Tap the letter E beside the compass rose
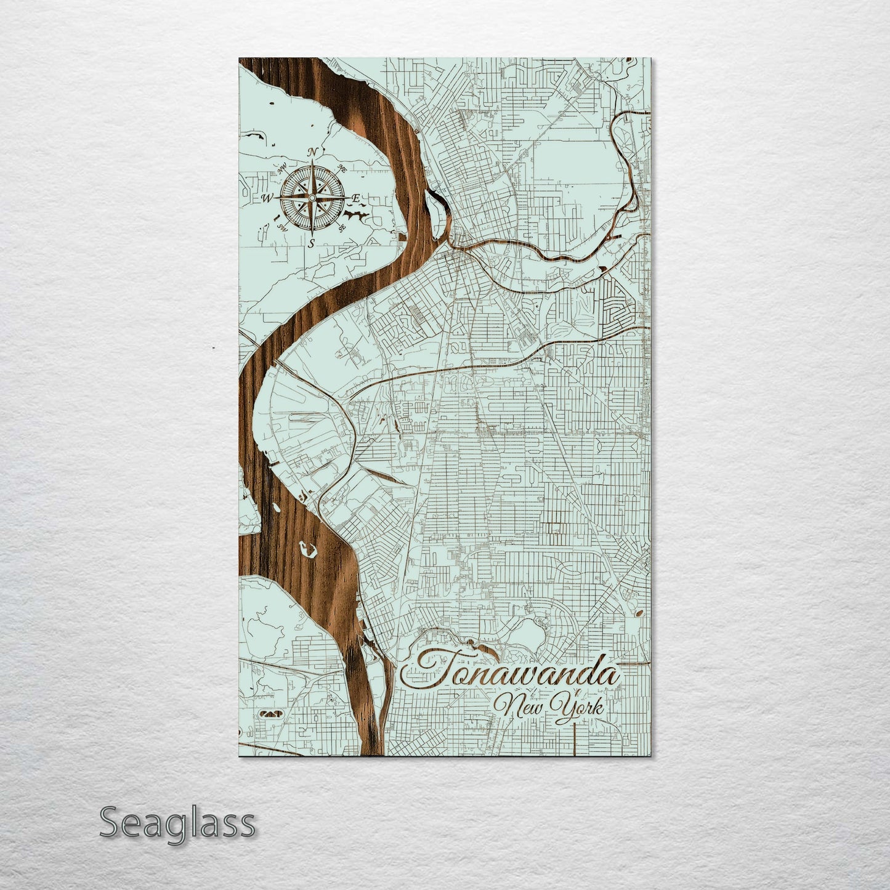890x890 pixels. point(355,198)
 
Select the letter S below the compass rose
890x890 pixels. point(312,243)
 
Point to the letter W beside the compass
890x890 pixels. point(268,198)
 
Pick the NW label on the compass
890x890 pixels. point(283,168)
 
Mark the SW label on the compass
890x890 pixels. point(283,227)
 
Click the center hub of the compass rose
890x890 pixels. point(312,198)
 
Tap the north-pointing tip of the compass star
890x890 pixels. point(312,164)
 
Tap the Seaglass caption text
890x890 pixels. point(177,822)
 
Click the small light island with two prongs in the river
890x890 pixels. point(307,548)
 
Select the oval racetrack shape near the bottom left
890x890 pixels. point(270,713)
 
